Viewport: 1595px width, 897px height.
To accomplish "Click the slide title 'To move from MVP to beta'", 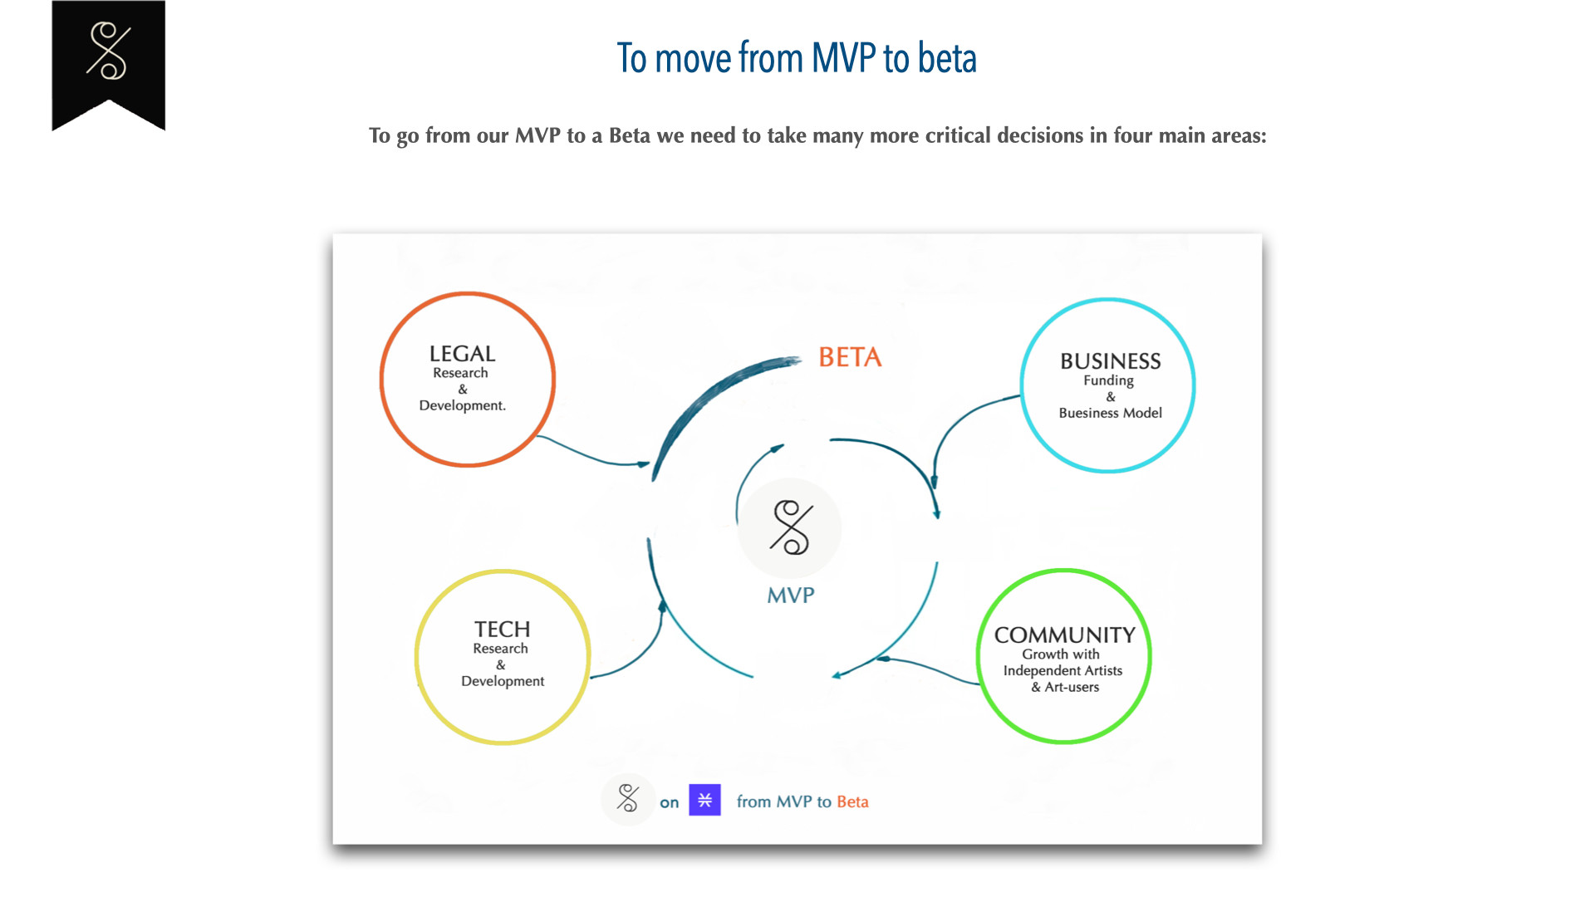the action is [797, 58].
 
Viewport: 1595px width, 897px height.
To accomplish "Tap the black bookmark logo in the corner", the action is [108, 62].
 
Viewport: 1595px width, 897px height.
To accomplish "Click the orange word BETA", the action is [850, 357].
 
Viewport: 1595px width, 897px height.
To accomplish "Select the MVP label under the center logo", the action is [791, 596].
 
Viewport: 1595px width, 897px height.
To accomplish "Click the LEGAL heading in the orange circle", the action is [462, 354].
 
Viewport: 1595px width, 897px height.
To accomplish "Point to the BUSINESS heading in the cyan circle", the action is [1111, 361].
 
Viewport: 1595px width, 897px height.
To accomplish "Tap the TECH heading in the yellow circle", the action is [502, 630].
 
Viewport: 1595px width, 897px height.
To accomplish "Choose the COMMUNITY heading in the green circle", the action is [1065, 635].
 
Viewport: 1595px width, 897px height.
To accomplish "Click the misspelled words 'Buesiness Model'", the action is [1111, 413].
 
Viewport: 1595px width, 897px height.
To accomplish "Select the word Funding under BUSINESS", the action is [1108, 380].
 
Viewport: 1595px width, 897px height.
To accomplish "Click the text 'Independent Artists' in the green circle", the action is [1063, 670].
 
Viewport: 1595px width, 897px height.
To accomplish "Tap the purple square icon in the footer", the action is [704, 800].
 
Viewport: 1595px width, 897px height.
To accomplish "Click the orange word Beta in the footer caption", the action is [852, 801].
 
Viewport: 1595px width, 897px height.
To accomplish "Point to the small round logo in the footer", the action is [628, 799].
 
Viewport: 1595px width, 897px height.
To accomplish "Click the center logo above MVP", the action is [790, 528].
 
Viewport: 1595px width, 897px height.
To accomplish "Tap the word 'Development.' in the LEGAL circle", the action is [462, 405].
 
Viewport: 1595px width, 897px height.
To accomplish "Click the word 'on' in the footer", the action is [670, 802].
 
